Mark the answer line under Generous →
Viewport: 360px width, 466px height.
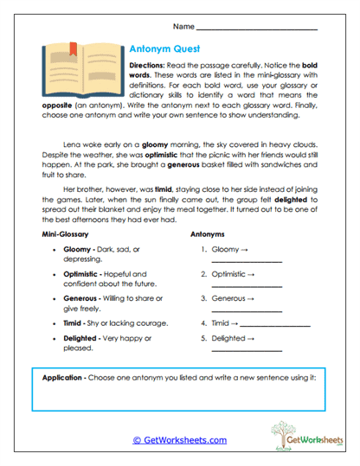[247, 310]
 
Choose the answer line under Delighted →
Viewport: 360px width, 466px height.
[247, 351]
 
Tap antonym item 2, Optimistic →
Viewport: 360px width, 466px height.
[233, 274]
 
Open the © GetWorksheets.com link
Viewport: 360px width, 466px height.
[179, 439]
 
